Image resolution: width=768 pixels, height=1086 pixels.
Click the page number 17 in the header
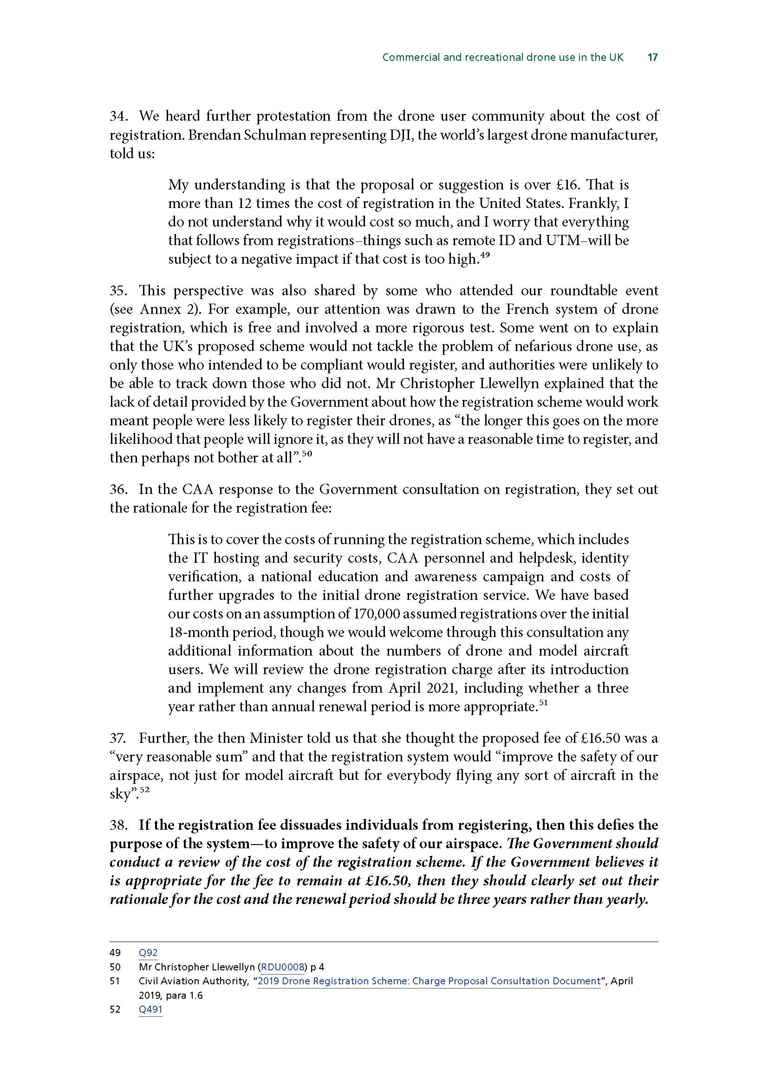(652, 57)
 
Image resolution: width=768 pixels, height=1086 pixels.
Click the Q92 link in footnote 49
(148, 953)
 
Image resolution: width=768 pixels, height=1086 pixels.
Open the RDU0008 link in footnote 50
(282, 967)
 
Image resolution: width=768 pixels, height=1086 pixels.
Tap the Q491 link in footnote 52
(150, 1009)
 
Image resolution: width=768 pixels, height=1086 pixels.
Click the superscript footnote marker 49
(485, 255)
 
